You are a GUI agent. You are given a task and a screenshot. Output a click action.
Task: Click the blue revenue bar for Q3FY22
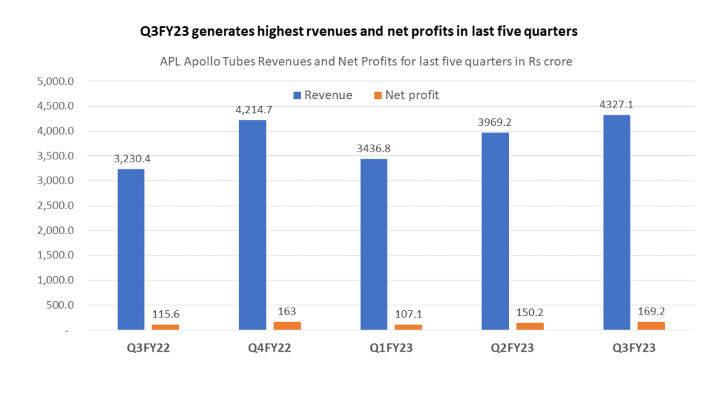(131, 249)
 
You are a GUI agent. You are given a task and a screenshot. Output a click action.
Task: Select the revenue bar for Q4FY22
(252, 225)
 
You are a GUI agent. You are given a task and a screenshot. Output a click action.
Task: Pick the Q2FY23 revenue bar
(496, 231)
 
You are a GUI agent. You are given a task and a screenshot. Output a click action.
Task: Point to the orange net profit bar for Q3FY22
(165, 327)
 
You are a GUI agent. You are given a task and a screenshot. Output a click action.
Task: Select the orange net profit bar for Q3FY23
(651, 326)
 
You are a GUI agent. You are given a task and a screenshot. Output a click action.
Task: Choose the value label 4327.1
(616, 105)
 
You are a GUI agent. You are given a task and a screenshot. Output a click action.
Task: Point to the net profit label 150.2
(530, 311)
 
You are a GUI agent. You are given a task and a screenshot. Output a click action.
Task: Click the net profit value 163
(287, 310)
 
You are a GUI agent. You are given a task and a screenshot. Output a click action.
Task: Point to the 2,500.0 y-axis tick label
(55, 206)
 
